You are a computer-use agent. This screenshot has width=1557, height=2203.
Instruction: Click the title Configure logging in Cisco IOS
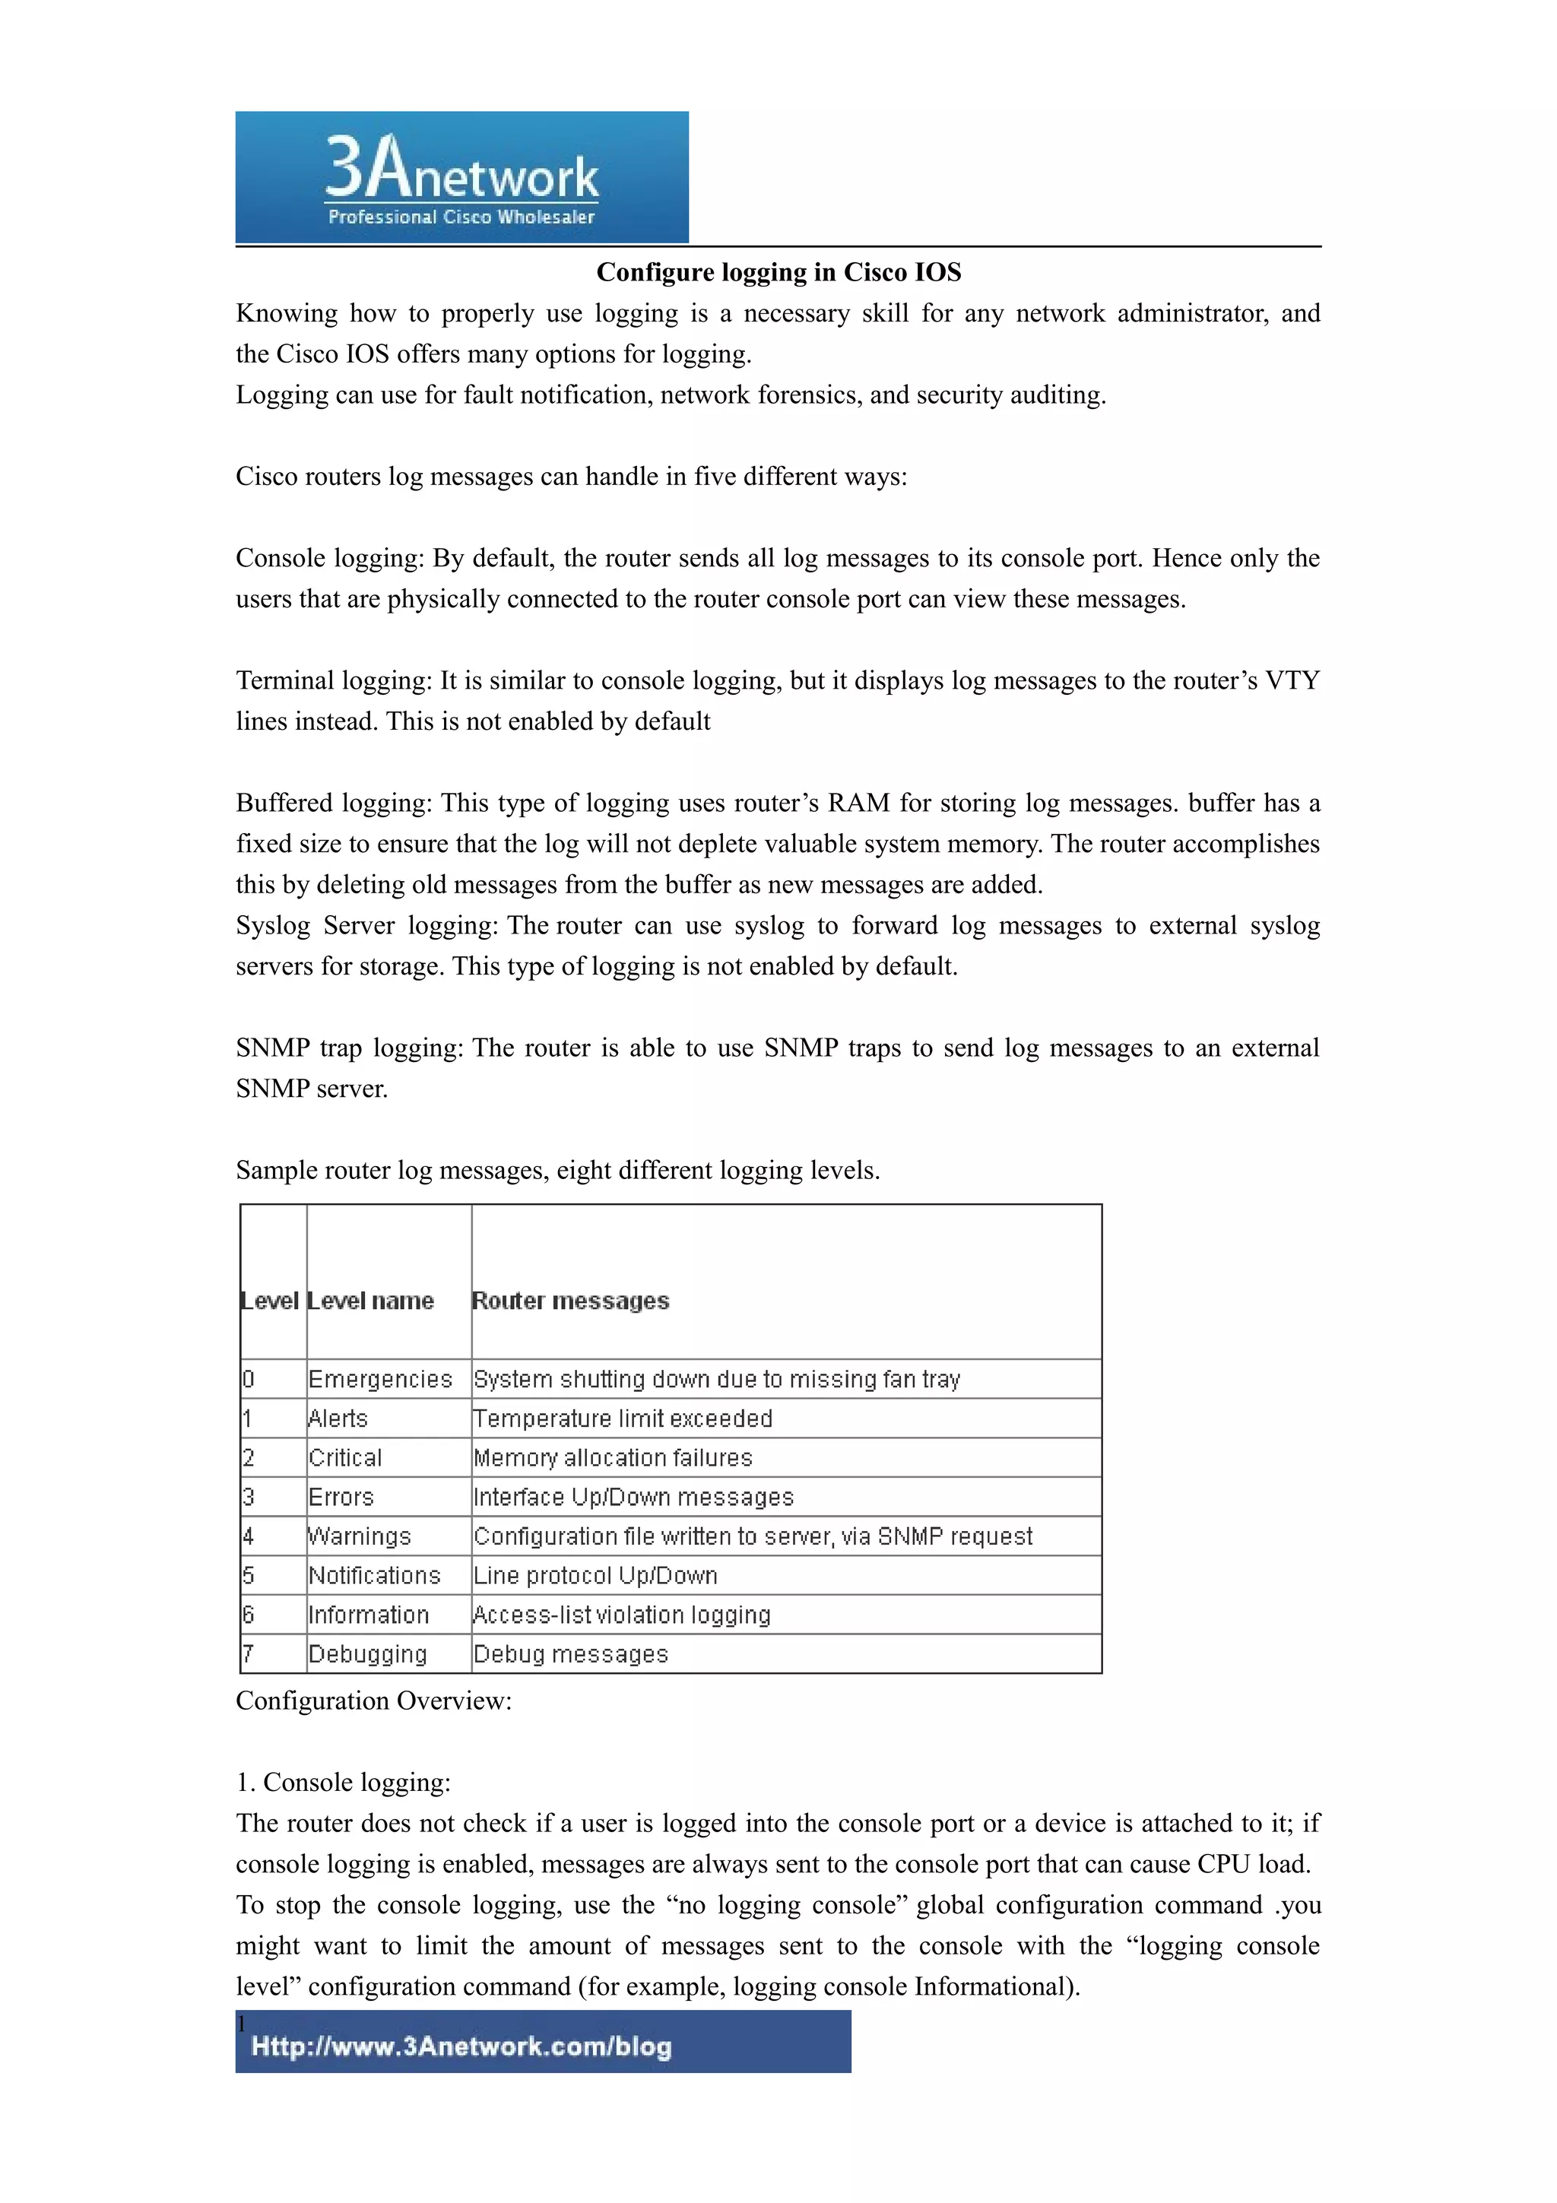click(x=778, y=272)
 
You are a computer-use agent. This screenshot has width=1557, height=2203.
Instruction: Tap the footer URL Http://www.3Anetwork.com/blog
click(x=461, y=2046)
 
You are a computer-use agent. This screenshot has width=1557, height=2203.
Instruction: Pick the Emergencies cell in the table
click(x=380, y=1379)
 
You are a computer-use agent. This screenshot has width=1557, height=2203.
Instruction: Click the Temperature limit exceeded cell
click(x=623, y=1418)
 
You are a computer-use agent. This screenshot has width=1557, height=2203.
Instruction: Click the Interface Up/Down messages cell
click(x=634, y=1497)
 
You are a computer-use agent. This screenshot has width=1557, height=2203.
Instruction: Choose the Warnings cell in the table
click(x=360, y=1536)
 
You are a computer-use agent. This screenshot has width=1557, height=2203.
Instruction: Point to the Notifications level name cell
click(x=374, y=1576)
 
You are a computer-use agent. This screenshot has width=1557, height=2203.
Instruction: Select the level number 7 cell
click(x=249, y=1654)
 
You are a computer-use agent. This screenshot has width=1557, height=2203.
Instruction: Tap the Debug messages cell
click(x=571, y=1654)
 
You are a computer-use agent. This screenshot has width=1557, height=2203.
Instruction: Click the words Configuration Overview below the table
click(x=373, y=1701)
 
